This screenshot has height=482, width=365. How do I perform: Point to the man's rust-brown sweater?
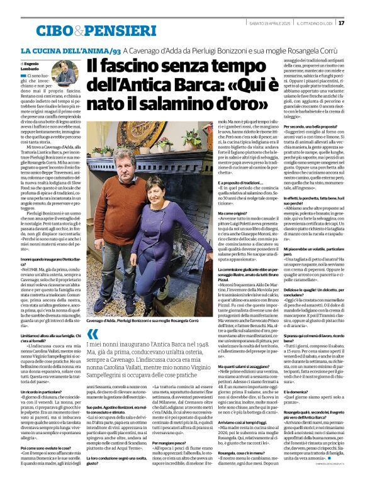pos(123,189)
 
